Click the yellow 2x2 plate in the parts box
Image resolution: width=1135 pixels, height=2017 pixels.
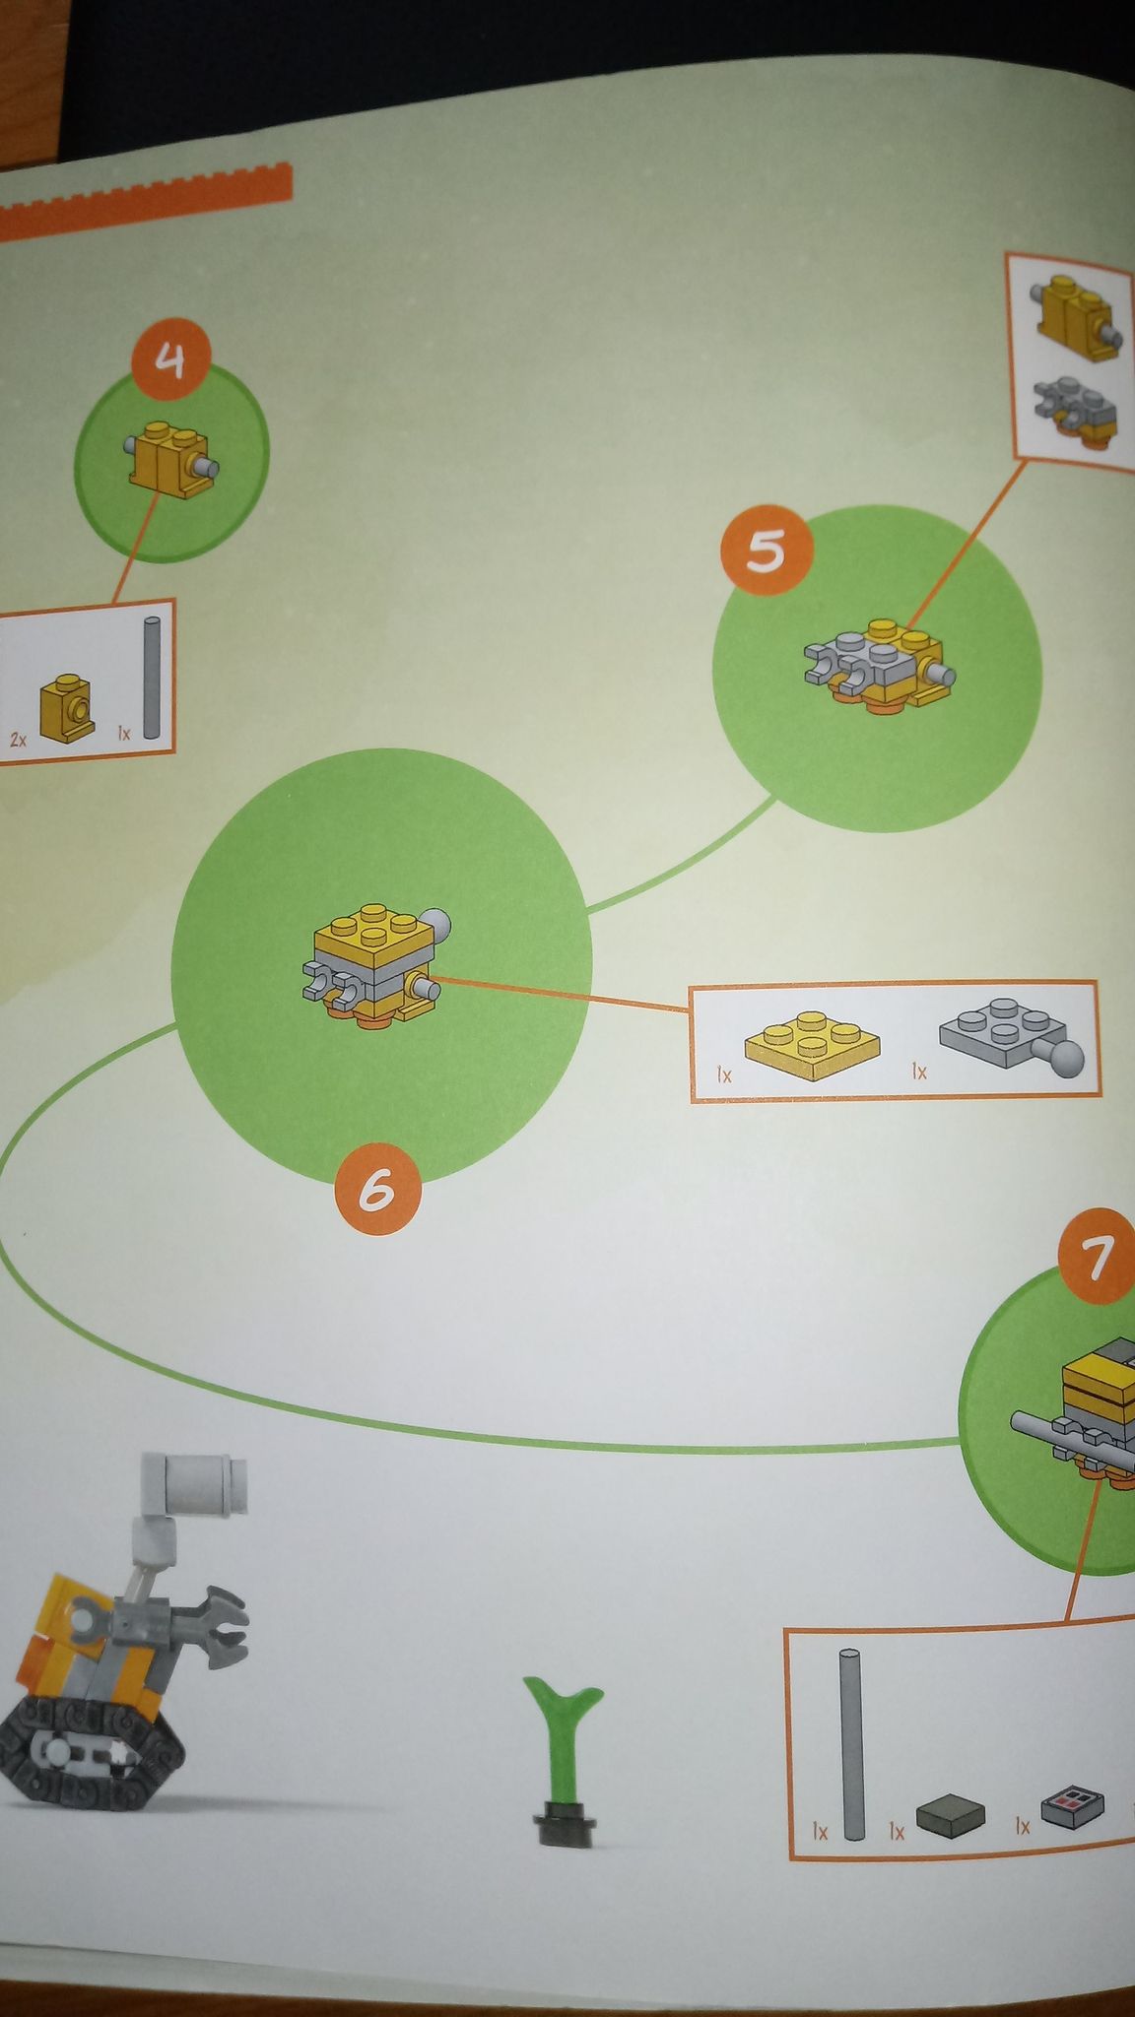[x=812, y=1044]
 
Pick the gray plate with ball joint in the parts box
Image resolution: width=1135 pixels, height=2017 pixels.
[x=1012, y=1036]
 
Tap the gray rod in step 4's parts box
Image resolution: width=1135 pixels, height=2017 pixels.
[x=152, y=678]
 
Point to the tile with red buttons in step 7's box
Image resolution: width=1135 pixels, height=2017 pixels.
[x=1072, y=1805]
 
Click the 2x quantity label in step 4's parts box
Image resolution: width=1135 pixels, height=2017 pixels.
[x=19, y=738]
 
